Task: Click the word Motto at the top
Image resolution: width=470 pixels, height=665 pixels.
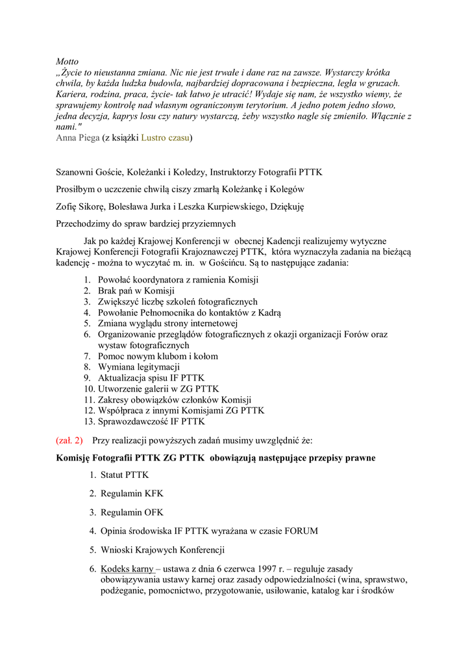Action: tap(67, 61)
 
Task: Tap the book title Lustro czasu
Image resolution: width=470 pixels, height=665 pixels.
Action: tap(166, 138)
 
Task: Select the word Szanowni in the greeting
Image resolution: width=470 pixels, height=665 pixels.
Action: tap(76, 173)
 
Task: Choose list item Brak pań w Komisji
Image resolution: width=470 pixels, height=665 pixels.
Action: tap(136, 291)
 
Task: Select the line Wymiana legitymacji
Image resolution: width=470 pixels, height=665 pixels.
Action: tap(139, 367)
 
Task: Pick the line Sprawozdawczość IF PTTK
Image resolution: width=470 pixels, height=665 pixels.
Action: tap(151, 421)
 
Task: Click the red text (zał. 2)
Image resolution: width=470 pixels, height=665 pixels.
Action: tap(70, 440)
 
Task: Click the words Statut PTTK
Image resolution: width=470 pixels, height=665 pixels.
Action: tap(125, 475)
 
